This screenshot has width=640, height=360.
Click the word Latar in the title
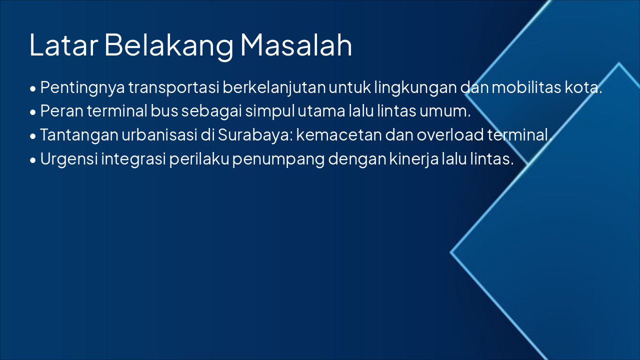coord(63,45)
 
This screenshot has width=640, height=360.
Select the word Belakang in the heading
coord(169,45)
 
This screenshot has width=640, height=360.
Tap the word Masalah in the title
coord(296,45)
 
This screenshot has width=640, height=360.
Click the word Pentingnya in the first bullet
coord(82,87)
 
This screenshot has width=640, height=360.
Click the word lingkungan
coord(415,87)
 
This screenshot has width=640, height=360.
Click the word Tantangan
coord(79,135)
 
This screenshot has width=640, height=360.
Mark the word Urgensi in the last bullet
coord(69,159)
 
